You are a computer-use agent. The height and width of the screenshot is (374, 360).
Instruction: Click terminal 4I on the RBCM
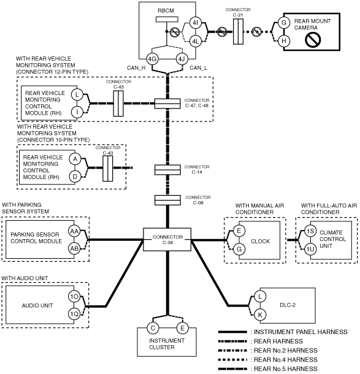pyautogui.click(x=196, y=23)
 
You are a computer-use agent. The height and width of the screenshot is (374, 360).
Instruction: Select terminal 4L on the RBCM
pyautogui.click(x=196, y=42)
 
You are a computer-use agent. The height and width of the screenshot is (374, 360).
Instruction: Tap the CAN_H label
pyautogui.click(x=136, y=68)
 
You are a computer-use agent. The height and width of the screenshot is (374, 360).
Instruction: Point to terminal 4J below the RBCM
pyautogui.click(x=182, y=59)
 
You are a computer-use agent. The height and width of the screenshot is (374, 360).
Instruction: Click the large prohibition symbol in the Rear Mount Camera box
pyautogui.click(x=313, y=40)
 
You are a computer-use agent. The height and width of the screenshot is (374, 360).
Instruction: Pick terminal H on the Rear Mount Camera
pyautogui.click(x=284, y=41)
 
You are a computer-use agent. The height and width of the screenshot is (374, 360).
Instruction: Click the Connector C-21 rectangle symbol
pyautogui.click(x=238, y=32)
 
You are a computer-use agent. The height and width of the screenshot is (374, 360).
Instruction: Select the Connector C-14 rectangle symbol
pyautogui.click(x=167, y=170)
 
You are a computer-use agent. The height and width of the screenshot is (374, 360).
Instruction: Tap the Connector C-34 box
pyautogui.click(x=167, y=240)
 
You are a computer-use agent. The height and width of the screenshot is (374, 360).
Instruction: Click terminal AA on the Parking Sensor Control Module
pyautogui.click(x=74, y=231)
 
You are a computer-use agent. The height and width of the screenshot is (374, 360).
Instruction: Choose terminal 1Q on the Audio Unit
pyautogui.click(x=74, y=315)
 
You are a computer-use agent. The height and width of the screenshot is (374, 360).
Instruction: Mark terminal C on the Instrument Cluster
pyautogui.click(x=153, y=328)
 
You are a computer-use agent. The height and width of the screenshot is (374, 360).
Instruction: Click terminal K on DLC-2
pyautogui.click(x=260, y=315)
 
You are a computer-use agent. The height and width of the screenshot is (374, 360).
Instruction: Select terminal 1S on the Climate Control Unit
pyautogui.click(x=310, y=231)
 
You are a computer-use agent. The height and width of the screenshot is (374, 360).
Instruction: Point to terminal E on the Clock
pyautogui.click(x=239, y=231)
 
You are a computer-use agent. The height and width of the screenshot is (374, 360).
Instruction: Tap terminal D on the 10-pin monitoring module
pyautogui.click(x=75, y=177)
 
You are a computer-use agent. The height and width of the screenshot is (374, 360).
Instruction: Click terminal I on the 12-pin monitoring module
pyautogui.click(x=77, y=112)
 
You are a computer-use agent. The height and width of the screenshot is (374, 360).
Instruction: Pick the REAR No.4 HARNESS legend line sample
pyautogui.click(x=232, y=359)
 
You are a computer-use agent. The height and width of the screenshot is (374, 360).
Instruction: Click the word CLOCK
pyautogui.click(x=260, y=242)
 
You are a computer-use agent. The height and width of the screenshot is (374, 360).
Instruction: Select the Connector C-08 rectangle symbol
pyautogui.click(x=167, y=200)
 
